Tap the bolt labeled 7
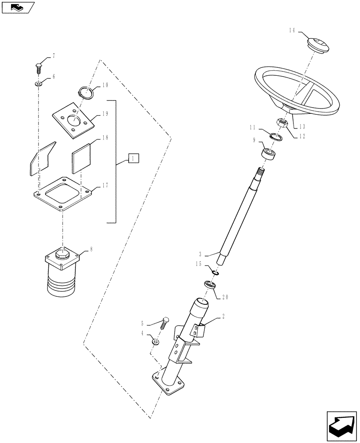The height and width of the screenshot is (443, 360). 39,68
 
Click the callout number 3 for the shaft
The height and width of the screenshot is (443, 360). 201,255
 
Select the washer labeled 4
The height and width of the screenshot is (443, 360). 156,341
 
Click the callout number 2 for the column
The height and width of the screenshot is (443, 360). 223,317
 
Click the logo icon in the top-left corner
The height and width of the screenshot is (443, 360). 18,7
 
